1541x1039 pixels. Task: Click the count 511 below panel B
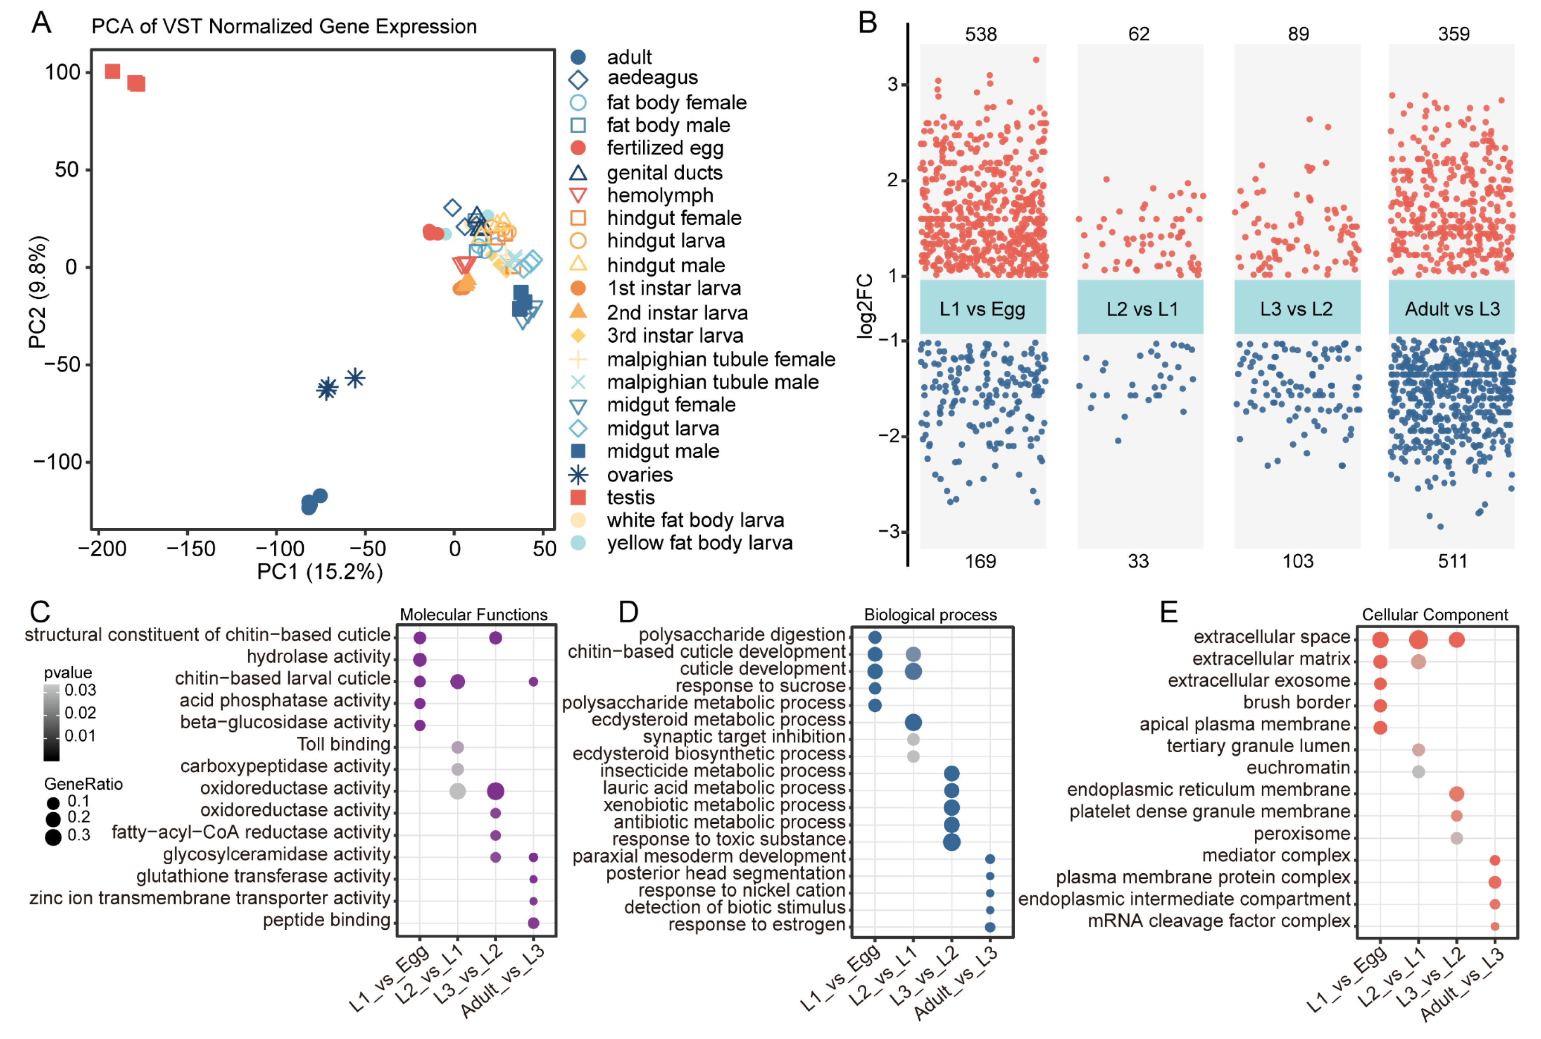(x=1452, y=561)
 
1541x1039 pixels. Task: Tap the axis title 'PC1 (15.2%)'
(x=320, y=571)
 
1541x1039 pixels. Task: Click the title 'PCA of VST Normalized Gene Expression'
(x=284, y=26)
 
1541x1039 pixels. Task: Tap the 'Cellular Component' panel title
(x=1434, y=615)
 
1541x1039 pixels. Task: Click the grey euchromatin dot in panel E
(x=1418, y=771)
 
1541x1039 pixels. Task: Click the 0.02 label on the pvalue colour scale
(x=80, y=713)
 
